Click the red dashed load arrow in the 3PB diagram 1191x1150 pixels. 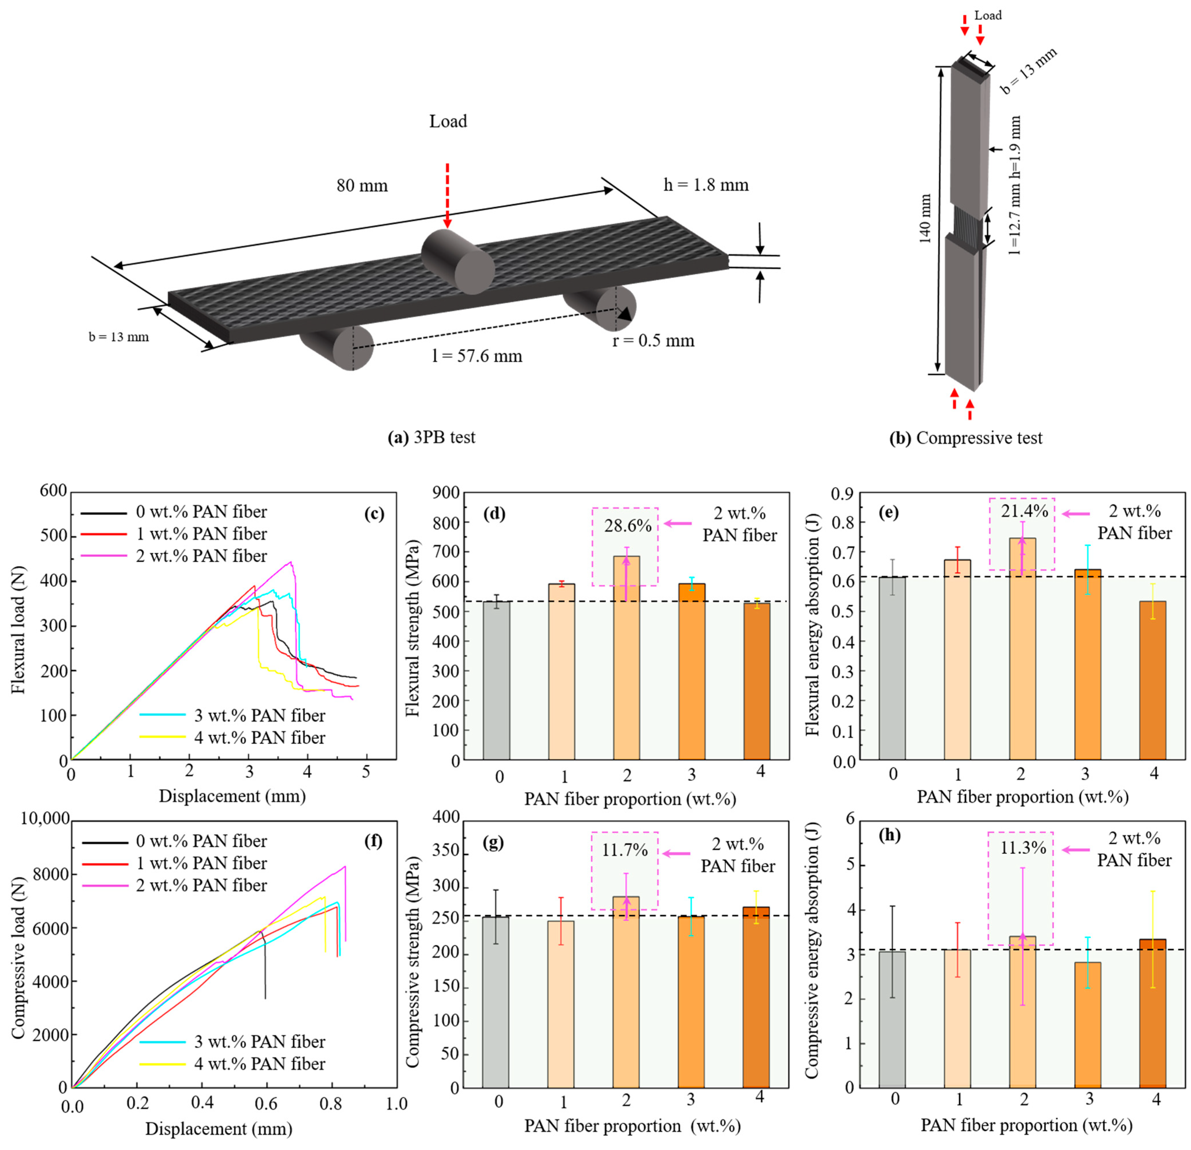447,194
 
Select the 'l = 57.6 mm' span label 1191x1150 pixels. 477,356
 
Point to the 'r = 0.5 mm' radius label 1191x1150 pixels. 653,341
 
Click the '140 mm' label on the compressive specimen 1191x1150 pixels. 925,219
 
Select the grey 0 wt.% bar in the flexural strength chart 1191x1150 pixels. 496,680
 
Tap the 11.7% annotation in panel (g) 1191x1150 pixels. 625,850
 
